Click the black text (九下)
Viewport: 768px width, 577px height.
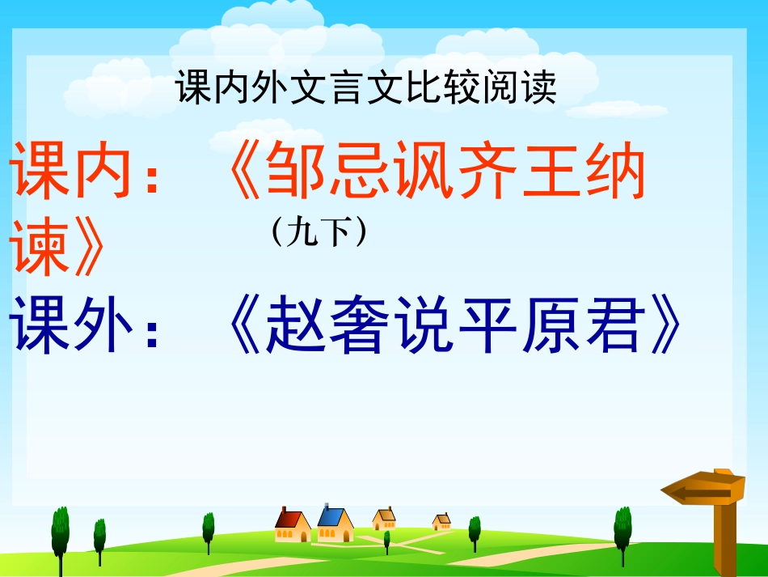[320, 232]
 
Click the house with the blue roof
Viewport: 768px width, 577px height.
[334, 524]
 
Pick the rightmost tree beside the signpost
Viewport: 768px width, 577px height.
[622, 530]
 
